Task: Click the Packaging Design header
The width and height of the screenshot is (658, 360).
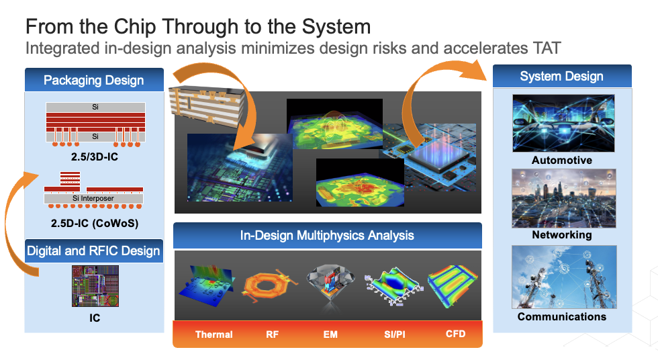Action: coord(93,81)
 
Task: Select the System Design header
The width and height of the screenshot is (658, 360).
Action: coord(561,77)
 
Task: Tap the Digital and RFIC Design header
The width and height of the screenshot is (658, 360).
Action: coord(93,251)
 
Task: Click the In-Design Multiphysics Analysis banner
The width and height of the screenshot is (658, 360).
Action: coord(327,235)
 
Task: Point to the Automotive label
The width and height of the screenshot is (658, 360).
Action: coord(561,161)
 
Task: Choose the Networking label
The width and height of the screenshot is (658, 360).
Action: coord(561,235)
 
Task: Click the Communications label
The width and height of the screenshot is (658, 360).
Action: coord(561,316)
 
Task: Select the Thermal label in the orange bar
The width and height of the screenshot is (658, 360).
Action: coord(214,334)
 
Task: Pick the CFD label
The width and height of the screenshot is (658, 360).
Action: coord(455,334)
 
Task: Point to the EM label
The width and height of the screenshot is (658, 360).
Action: coord(330,334)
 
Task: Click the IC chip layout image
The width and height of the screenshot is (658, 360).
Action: coord(95,287)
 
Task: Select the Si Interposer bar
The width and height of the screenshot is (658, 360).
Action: coord(93,199)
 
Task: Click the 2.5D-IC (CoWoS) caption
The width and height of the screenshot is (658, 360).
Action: coord(94,222)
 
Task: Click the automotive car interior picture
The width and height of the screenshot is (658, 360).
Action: coord(563,123)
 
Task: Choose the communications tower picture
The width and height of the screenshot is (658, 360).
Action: coord(563,277)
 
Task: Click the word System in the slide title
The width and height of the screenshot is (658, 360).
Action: coord(334,27)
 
